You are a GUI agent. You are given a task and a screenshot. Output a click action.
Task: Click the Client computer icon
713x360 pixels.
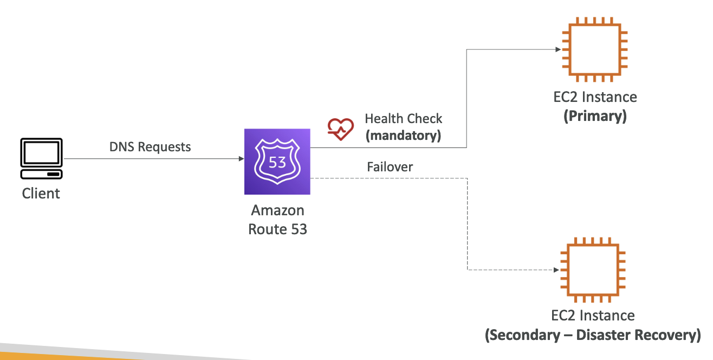tap(41, 158)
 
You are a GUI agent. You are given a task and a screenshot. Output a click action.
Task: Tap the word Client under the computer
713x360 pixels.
tap(41, 194)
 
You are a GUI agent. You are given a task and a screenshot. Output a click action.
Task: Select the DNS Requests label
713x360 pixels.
tap(150, 147)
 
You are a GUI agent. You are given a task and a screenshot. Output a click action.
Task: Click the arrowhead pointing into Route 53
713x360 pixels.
tap(241, 159)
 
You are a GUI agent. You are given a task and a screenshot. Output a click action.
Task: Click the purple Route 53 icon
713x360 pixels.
tap(277, 162)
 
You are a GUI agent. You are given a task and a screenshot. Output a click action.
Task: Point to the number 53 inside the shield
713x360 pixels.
tap(277, 163)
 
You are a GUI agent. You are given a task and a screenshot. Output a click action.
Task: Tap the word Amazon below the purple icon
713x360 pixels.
tap(277, 210)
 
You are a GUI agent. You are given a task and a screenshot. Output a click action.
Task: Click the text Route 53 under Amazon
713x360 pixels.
tap(277, 229)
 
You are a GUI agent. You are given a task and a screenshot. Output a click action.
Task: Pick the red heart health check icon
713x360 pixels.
tap(340, 129)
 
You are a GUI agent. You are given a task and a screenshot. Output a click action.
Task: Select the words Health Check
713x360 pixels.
tap(403, 119)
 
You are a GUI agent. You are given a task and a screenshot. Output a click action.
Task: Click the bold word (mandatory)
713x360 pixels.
tap(403, 136)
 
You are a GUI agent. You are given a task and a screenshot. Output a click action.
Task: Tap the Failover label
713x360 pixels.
tap(390, 167)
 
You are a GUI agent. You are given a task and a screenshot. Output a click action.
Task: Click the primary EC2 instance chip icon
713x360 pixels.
tap(594, 49)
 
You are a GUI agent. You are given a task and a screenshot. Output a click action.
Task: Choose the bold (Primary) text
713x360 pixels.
tap(595, 116)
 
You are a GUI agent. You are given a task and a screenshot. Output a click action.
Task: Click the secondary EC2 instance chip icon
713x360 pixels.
tap(593, 270)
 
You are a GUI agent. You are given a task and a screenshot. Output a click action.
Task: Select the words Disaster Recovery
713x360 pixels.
tap(638, 335)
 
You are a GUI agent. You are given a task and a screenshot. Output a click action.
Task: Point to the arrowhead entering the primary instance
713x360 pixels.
tap(558, 49)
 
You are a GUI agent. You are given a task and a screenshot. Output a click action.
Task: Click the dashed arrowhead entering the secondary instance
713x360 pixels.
tap(556, 270)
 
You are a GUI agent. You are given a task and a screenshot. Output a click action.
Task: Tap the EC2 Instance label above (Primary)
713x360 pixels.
tap(595, 97)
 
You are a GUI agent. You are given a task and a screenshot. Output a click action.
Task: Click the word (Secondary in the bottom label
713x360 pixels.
tap(523, 335)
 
